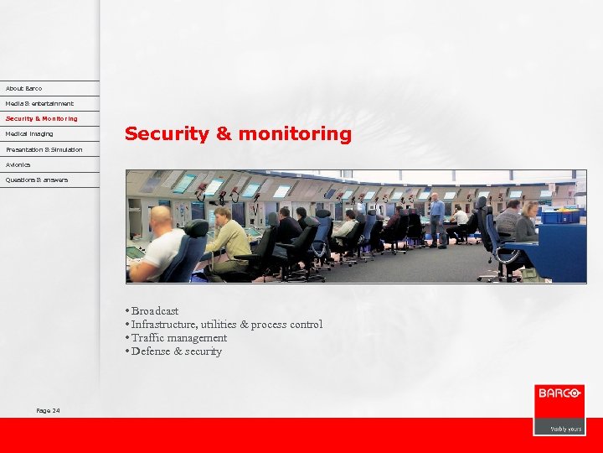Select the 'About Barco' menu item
point(23,88)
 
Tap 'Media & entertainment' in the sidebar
point(39,103)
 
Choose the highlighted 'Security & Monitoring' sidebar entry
point(41,118)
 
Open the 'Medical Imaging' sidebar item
point(29,133)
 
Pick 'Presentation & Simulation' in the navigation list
point(44,149)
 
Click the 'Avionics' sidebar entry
point(18,164)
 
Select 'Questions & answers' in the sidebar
point(37,180)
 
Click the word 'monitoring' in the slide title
point(295,134)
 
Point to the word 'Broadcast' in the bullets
point(155,311)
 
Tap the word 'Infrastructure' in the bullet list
point(166,325)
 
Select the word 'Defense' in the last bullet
point(151,351)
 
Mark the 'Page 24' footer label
point(48,410)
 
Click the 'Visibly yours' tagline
point(565,429)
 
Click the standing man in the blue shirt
point(436,217)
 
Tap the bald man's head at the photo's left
point(160,216)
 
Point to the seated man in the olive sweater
point(227,239)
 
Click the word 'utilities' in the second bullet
point(218,325)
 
